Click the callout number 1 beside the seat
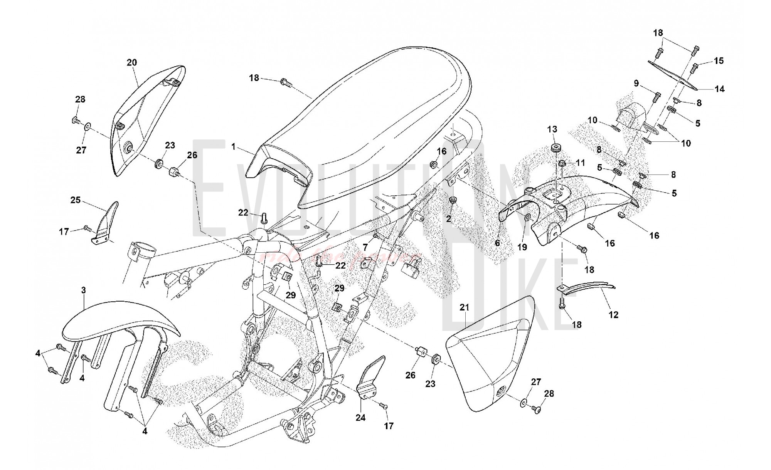click(234, 147)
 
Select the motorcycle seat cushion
click(366, 127)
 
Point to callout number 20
click(132, 62)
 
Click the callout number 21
click(465, 307)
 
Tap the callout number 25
click(76, 200)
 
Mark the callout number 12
click(613, 315)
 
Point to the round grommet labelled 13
click(556, 148)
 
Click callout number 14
click(719, 89)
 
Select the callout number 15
click(719, 61)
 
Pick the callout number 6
click(497, 243)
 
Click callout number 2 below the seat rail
click(448, 219)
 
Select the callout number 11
click(581, 163)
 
